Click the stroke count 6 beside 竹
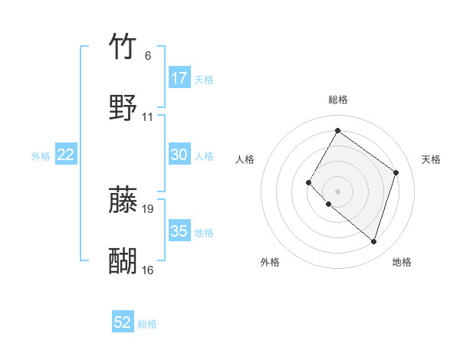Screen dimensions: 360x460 pyautogui.click(x=148, y=56)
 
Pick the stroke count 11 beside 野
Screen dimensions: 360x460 pyautogui.click(x=148, y=117)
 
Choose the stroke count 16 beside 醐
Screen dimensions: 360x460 pyautogui.click(x=148, y=270)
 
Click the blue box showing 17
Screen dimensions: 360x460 pyautogui.click(x=179, y=78)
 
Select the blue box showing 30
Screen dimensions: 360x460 pyautogui.click(x=179, y=155)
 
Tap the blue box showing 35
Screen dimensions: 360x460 pyautogui.click(x=179, y=231)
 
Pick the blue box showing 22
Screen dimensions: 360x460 pyautogui.click(x=66, y=155)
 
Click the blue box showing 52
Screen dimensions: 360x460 pyautogui.click(x=123, y=322)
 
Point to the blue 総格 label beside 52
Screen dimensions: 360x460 pyautogui.click(x=147, y=324)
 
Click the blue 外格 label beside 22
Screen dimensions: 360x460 pyautogui.click(x=41, y=156)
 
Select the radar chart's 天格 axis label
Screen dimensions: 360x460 pyautogui.click(x=431, y=159)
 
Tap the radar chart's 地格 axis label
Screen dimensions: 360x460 pyautogui.click(x=402, y=263)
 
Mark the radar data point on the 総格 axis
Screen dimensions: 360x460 pyautogui.click(x=337, y=131)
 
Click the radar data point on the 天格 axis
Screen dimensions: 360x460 pyautogui.click(x=396, y=172)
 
